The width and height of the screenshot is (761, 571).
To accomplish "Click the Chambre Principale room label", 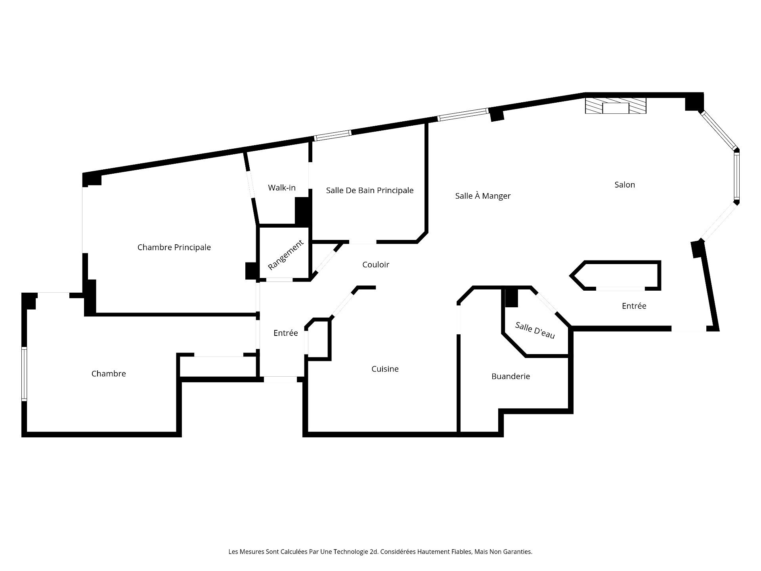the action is point(174,247).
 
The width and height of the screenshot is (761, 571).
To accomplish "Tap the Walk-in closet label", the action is point(282,188).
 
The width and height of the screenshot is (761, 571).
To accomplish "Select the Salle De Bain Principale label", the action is point(370,190).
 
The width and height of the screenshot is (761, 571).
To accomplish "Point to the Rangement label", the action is point(286,255).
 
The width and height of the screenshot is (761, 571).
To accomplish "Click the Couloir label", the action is point(376,264).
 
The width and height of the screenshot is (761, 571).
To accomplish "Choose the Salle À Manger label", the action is point(483,195).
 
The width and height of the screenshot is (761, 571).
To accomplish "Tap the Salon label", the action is point(625,184).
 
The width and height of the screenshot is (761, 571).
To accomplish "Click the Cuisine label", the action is point(385,369).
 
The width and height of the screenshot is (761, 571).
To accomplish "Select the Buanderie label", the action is point(511,376).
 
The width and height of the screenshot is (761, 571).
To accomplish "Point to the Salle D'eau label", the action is point(535,330).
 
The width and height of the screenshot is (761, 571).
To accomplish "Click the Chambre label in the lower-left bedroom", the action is point(109,374).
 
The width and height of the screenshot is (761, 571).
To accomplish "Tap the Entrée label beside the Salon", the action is point(634,306).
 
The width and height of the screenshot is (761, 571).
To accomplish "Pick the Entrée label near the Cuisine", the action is point(286,333).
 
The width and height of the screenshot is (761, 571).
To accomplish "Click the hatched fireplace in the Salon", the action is point(616,106).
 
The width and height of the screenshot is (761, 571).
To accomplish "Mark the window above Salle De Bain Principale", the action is point(333,136).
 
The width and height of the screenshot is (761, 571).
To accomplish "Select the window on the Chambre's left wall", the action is point(24,374).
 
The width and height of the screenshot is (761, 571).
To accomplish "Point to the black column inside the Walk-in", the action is point(302,211).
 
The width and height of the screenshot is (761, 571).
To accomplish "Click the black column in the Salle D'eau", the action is point(512,297).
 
